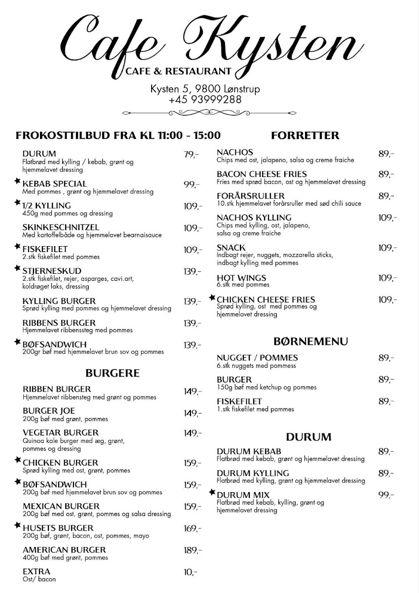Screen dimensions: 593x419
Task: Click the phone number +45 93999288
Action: (205, 99)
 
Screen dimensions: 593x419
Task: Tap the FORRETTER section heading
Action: (305, 135)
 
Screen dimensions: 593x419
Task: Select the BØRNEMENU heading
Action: (311, 341)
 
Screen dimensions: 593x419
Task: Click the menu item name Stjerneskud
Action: (52, 271)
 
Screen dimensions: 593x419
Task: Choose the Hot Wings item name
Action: (241, 278)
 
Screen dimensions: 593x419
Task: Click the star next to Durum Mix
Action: (212, 492)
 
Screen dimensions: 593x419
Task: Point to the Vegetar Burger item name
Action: (61, 433)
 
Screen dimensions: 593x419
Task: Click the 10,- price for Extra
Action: (190, 572)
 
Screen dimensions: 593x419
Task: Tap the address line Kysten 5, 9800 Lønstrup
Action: (205, 89)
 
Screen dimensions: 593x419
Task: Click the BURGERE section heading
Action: (113, 373)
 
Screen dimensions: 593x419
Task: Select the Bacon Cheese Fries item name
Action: (262, 174)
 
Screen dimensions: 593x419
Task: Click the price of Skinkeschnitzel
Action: (192, 228)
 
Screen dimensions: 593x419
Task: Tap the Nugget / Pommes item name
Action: (257, 358)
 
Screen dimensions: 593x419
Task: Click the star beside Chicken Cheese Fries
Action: (212, 297)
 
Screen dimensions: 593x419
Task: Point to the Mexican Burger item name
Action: (61, 506)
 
